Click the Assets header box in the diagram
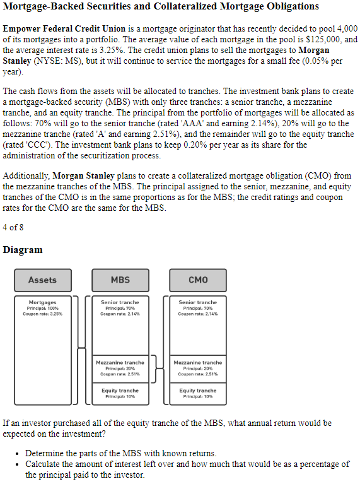42,280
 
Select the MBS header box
120,280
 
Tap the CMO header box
197,280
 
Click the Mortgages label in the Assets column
42,302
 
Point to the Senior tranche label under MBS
120,302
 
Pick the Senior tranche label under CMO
197,302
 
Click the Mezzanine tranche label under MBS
120,362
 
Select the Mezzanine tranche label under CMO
197,362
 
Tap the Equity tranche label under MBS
120,391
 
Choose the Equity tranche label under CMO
197,391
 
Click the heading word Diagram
23,250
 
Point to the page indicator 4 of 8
13,227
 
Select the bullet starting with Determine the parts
120,453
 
